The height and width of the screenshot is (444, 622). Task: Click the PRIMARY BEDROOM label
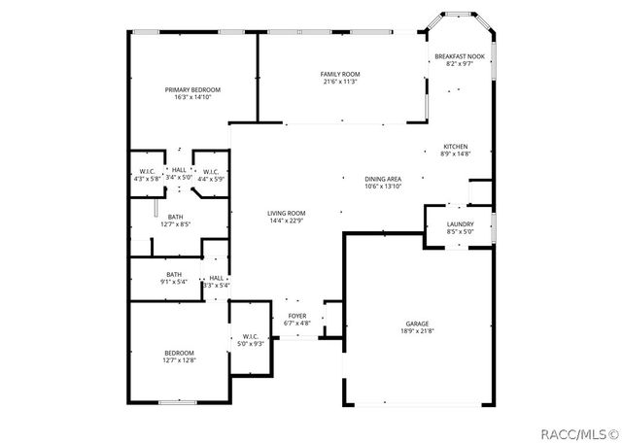tap(192, 89)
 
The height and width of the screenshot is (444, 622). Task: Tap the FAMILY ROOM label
tap(340, 74)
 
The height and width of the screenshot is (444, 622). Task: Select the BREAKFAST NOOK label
tap(459, 56)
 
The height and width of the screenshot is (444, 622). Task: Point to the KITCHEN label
tap(456, 146)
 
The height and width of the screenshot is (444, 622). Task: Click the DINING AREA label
tap(383, 179)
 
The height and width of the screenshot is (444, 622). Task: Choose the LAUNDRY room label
tap(460, 224)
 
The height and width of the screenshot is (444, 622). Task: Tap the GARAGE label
tap(417, 324)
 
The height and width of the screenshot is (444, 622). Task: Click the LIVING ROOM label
tap(287, 213)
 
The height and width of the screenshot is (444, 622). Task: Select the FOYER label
tap(297, 316)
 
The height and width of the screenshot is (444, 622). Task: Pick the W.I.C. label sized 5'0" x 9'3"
tap(250, 337)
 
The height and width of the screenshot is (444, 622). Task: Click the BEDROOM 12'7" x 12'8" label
tap(179, 353)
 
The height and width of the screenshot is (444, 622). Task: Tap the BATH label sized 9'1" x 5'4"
tap(174, 274)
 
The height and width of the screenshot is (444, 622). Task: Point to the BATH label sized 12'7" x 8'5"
tap(175, 217)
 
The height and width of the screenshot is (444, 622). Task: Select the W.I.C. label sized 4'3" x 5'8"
tap(148, 172)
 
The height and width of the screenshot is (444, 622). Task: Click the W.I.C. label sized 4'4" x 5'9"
tap(210, 172)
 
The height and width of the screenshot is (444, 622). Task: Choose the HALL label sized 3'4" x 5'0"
tap(179, 171)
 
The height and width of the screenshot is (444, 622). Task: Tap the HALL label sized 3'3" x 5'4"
tap(216, 278)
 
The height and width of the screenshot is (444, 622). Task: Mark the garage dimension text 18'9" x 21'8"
tap(417, 331)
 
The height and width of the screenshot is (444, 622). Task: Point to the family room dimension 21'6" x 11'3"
tap(340, 82)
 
